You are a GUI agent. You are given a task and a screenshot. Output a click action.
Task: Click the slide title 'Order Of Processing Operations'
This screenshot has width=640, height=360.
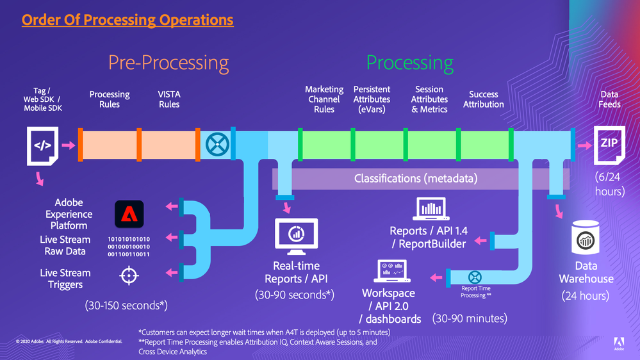[127, 20]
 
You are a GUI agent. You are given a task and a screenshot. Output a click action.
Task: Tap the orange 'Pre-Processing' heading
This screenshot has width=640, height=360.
[168, 63]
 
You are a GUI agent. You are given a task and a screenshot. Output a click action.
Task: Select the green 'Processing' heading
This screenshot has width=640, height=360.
[410, 63]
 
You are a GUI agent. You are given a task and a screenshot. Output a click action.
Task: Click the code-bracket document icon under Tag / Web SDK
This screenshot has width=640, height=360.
[43, 145]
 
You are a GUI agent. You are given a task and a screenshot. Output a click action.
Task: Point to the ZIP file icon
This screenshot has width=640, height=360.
[609, 145]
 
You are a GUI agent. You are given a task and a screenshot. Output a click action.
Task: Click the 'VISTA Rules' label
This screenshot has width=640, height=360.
[169, 99]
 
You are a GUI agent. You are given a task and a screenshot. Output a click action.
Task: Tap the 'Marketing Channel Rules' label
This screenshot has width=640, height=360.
[324, 99]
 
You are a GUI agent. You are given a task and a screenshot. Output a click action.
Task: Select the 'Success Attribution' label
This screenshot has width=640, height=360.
[484, 99]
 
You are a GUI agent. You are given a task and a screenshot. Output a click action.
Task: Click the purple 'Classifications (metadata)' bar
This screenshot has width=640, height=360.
[416, 179]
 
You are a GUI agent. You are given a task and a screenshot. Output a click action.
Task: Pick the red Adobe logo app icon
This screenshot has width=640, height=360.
[130, 214]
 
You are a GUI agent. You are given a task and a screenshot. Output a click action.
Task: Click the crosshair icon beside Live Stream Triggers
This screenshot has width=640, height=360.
[129, 275]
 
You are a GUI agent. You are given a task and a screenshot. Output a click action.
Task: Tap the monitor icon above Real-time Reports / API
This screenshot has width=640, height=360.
[297, 235]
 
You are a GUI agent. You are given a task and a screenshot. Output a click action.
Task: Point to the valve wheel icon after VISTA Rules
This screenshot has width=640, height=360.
[214, 145]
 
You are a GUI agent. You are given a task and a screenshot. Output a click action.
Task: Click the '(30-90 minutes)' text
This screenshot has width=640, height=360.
[470, 318]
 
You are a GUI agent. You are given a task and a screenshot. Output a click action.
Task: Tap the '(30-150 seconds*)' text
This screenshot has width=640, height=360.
[126, 306]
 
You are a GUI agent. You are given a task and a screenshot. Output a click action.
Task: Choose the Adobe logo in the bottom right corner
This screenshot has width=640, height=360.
[619, 342]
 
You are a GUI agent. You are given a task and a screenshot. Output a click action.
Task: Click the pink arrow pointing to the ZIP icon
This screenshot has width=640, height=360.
[585, 145]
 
